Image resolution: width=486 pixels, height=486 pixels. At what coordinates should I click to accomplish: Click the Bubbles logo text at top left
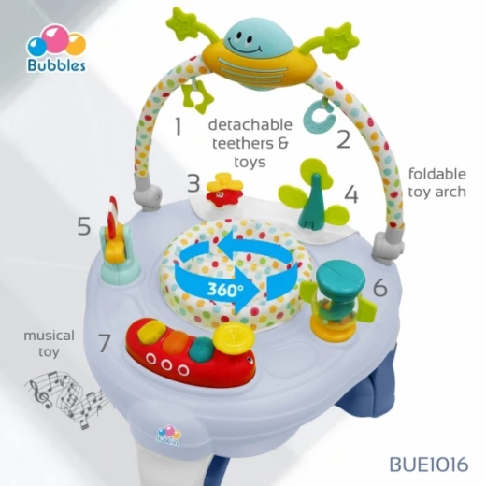point(56,64)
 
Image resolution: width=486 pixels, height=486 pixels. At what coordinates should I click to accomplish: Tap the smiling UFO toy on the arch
point(259,58)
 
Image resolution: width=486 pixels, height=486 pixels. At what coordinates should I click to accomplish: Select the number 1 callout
point(179,126)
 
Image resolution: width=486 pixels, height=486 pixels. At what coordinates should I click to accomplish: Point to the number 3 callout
point(193,183)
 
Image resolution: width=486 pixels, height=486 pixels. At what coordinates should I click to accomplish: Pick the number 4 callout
point(351,194)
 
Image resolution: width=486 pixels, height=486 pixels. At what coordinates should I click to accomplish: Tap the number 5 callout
point(84,226)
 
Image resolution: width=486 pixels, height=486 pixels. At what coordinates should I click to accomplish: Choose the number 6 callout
point(380,287)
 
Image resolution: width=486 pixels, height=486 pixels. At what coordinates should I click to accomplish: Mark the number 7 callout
point(104,342)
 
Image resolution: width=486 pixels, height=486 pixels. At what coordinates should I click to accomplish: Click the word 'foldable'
point(437,174)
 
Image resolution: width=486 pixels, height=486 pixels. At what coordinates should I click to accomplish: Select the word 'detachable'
point(250,124)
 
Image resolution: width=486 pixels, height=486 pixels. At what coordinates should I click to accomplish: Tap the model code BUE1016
point(429,465)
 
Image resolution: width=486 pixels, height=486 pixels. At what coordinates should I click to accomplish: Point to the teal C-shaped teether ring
point(319,118)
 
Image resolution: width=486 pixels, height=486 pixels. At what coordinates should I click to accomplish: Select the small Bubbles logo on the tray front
point(168,436)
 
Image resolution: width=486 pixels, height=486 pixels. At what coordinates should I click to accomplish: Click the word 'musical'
point(50,336)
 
